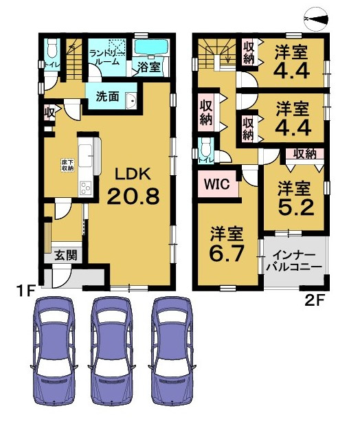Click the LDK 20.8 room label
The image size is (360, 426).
[133, 186]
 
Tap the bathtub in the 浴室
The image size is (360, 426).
[151, 47]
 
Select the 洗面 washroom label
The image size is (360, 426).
[108, 96]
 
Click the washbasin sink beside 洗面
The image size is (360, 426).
[131, 100]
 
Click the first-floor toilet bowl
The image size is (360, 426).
[52, 46]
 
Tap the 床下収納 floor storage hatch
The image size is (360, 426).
[67, 165]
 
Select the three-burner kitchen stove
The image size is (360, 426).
[86, 188]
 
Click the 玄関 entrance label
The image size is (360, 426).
[66, 256]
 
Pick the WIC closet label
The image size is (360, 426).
[217, 184]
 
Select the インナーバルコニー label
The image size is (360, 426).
[294, 261]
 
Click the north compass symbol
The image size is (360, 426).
[316, 19]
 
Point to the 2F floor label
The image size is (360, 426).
[315, 300]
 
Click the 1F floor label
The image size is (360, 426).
[25, 291]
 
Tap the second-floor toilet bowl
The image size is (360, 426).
[206, 147]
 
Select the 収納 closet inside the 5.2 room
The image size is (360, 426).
[305, 154]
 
